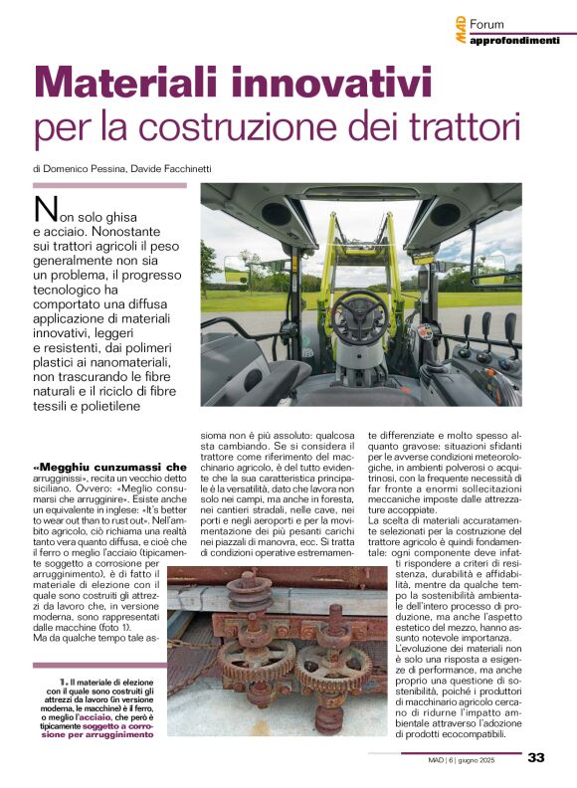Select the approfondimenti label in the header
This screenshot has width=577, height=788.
pyautogui.click(x=513, y=41)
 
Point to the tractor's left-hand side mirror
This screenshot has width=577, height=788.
pyautogui.click(x=235, y=268)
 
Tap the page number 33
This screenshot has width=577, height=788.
pyautogui.click(x=536, y=757)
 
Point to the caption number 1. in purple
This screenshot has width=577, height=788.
pyautogui.click(x=63, y=683)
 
